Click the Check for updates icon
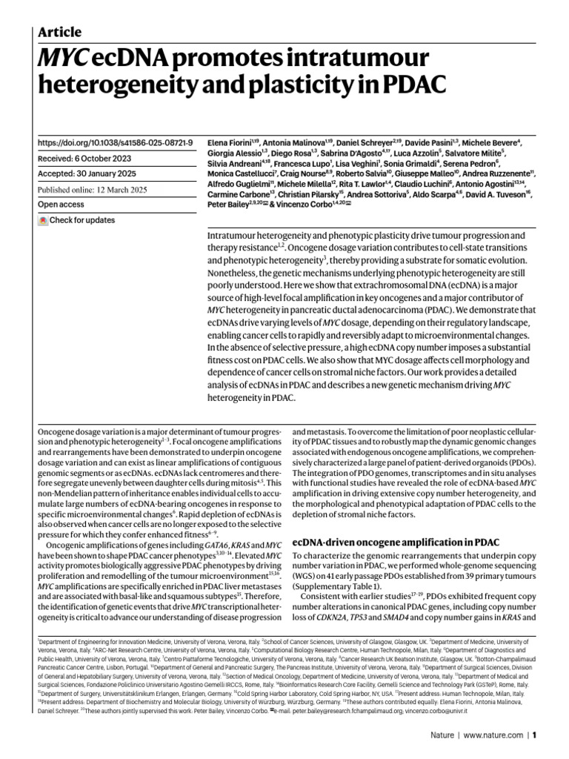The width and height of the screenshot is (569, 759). point(44,220)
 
